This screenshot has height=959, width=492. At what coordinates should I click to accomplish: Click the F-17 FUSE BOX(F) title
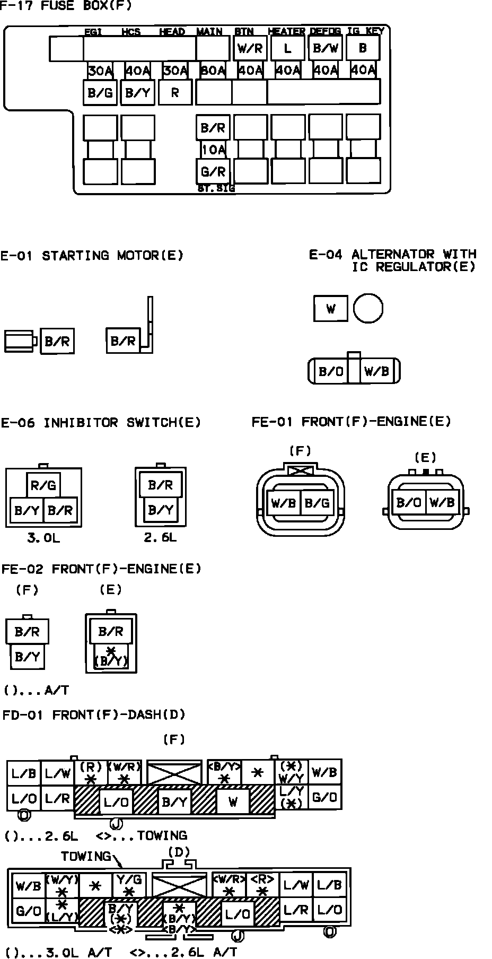[66, 6]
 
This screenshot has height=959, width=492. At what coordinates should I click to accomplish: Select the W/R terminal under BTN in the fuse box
[250, 49]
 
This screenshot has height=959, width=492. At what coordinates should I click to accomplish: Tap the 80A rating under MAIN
[213, 71]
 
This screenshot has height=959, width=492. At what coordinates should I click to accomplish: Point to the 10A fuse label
[213, 150]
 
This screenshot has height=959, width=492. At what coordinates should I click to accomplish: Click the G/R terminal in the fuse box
[213, 171]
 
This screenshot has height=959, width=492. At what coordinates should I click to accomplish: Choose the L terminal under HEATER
[287, 49]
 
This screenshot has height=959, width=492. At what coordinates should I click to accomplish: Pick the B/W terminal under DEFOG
[325, 49]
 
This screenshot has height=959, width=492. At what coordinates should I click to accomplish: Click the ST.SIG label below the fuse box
[216, 188]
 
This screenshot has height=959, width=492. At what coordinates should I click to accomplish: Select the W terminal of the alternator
[331, 309]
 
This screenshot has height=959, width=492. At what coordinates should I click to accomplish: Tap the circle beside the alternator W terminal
[368, 309]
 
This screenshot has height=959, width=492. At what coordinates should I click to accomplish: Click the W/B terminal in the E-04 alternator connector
[377, 371]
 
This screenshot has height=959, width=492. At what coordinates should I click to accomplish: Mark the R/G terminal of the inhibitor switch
[44, 485]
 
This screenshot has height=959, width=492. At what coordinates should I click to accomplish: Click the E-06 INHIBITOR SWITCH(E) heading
[101, 423]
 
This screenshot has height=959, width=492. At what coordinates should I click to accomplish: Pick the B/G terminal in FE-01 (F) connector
[317, 502]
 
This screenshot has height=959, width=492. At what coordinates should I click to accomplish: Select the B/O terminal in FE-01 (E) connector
[409, 502]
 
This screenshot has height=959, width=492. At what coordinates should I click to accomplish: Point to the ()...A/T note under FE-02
[36, 691]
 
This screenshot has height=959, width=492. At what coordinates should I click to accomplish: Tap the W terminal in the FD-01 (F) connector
[233, 801]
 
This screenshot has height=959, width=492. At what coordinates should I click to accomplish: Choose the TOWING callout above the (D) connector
[86, 856]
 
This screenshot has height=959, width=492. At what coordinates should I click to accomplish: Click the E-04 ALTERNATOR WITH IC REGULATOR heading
[393, 260]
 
